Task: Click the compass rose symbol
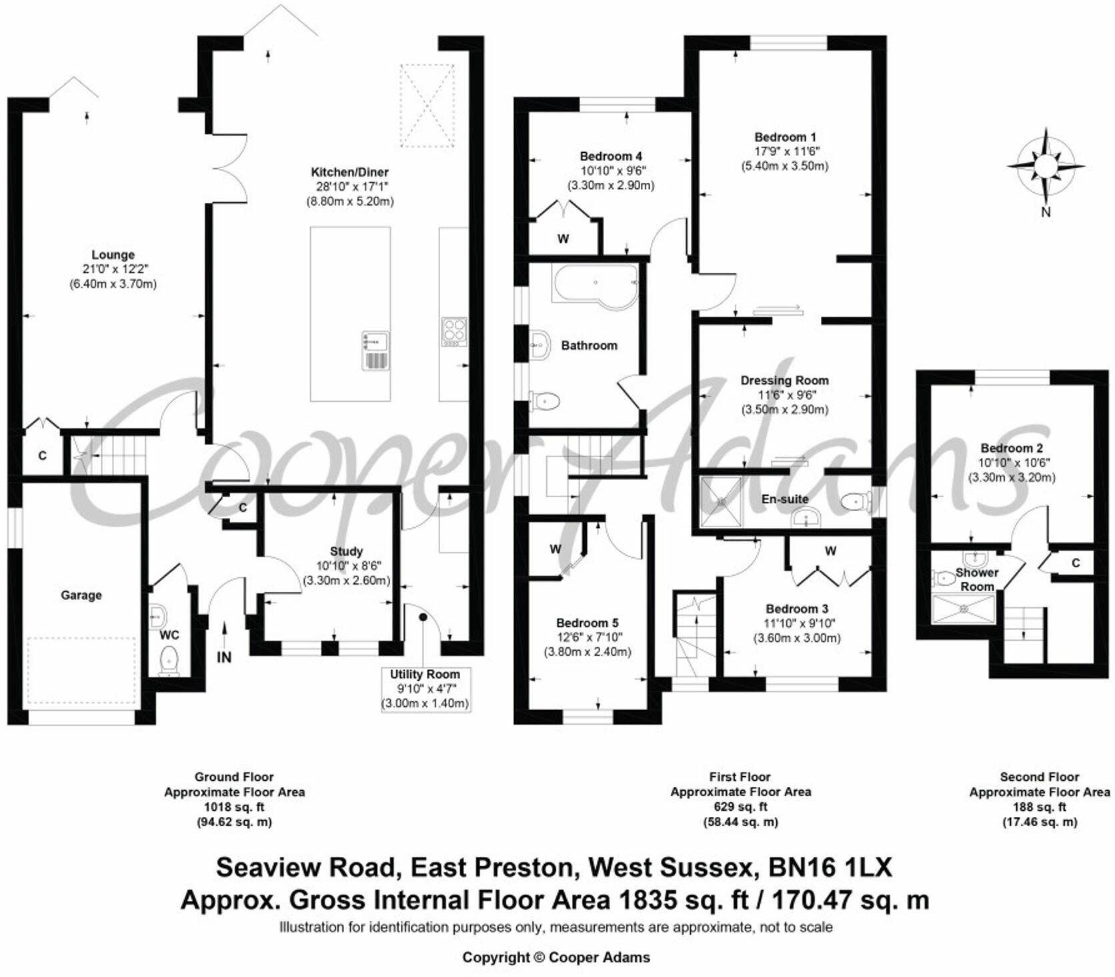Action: (1046, 165)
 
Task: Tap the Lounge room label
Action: (113, 254)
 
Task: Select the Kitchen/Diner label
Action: (349, 172)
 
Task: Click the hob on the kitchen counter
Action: (454, 332)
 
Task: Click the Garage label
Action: (81, 595)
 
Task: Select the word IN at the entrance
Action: (224, 657)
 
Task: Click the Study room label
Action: (346, 551)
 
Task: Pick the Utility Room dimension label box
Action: (425, 689)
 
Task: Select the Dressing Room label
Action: (784, 380)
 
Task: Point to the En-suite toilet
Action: (855, 501)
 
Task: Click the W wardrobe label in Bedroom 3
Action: (830, 551)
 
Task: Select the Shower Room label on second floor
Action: (977, 579)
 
